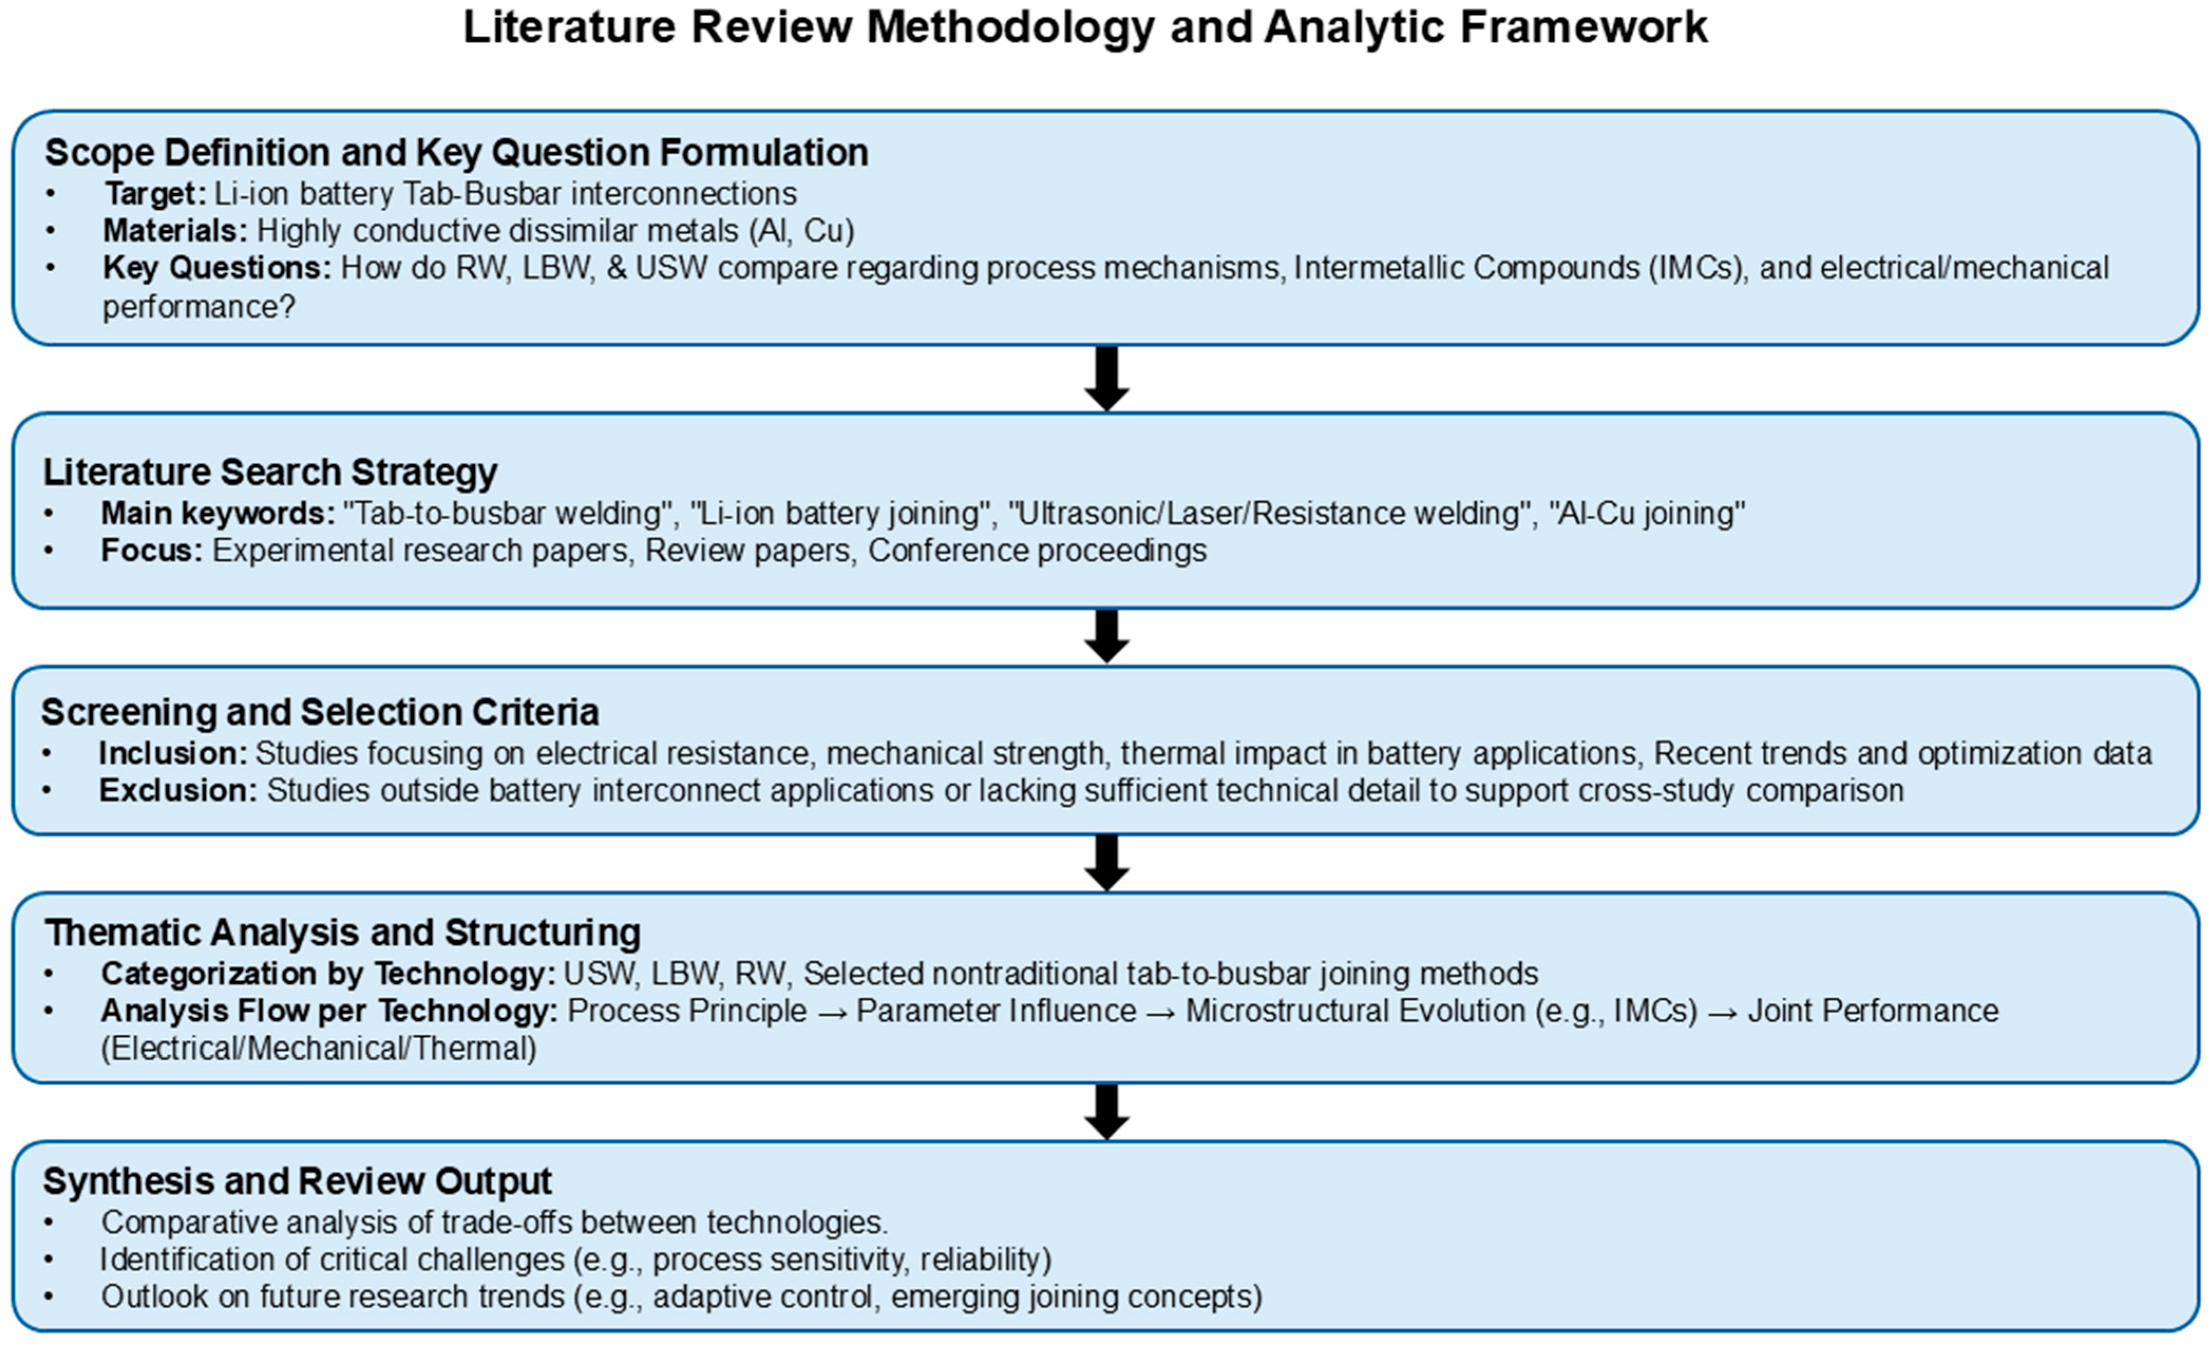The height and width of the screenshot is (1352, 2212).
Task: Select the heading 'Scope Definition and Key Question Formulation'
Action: [456, 152]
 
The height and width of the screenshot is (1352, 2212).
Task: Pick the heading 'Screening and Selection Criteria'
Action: [320, 712]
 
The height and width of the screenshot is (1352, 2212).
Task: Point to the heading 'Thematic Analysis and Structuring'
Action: [343, 933]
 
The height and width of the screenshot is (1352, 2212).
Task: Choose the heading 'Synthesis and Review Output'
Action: [297, 1182]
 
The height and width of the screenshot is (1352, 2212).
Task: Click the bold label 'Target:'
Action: [155, 194]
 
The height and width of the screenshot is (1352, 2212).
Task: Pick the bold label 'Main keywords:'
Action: [217, 513]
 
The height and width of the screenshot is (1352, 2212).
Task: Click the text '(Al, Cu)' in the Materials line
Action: [801, 231]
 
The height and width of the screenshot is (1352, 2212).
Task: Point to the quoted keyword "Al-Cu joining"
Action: [1646, 513]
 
